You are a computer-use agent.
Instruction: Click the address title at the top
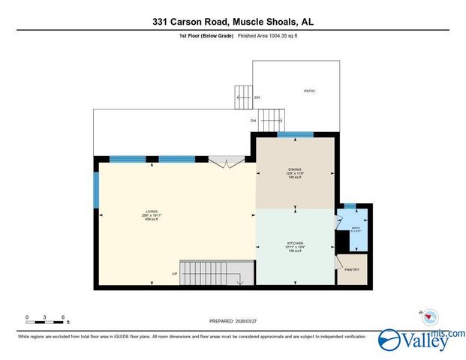click(233, 22)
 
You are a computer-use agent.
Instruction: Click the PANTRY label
click(352, 270)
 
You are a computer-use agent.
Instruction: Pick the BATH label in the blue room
click(356, 229)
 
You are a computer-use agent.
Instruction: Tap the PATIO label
click(309, 91)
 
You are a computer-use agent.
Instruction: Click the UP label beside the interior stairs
click(174, 274)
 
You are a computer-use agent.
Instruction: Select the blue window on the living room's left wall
click(96, 191)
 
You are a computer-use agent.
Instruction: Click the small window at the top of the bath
click(350, 205)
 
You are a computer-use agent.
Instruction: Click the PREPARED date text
click(233, 321)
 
